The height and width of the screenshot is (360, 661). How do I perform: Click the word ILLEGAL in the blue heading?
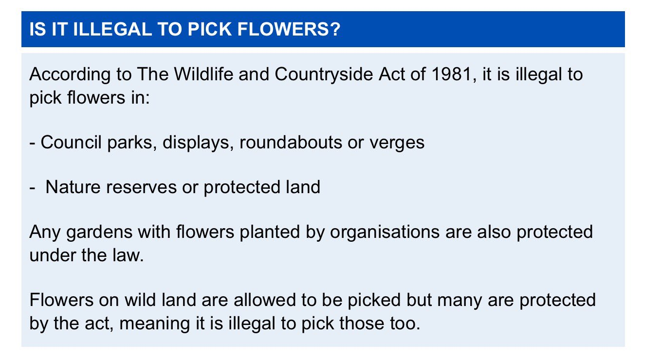pyautogui.click(x=112, y=29)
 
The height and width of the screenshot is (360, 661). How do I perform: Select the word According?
pyautogui.click(x=70, y=74)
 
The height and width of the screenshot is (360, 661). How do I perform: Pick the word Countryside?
pyautogui.click(x=324, y=74)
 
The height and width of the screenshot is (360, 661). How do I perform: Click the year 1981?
pyautogui.click(x=451, y=74)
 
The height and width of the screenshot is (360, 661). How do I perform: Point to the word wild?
pyautogui.click(x=140, y=300)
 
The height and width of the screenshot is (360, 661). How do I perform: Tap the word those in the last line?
pyautogui.click(x=362, y=324)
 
